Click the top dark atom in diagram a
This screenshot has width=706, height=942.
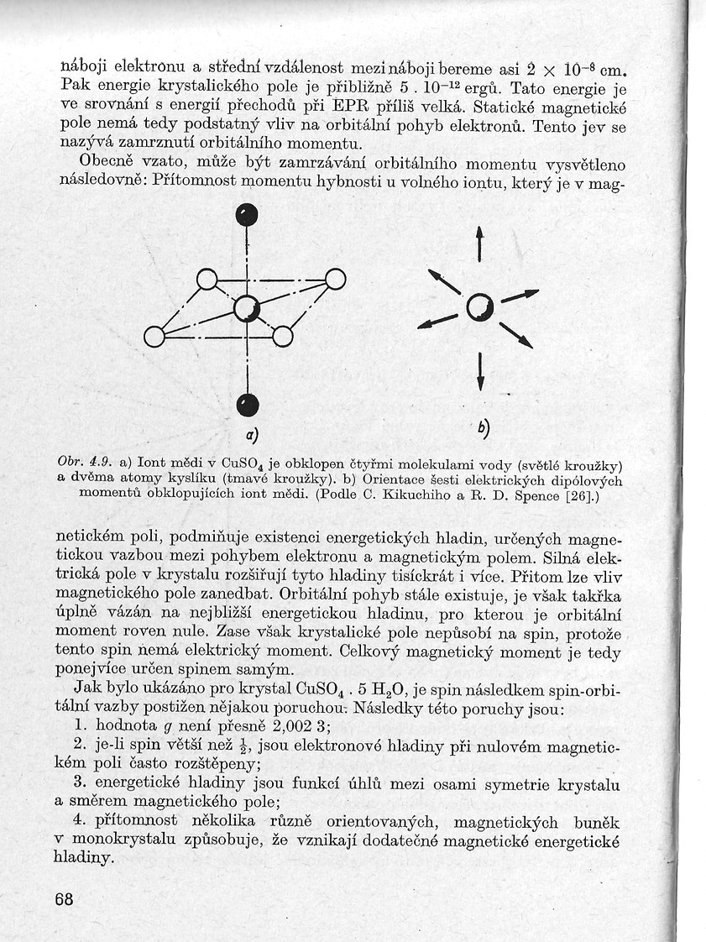pyautogui.click(x=245, y=215)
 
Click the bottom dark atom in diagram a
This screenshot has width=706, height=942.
pyautogui.click(x=246, y=405)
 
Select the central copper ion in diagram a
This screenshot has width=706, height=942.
pyautogui.click(x=247, y=309)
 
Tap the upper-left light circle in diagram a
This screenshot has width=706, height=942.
pyautogui.click(x=207, y=280)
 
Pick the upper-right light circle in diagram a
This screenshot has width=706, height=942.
pyautogui.click(x=335, y=279)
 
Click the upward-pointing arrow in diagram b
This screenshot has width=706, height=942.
pyautogui.click(x=479, y=243)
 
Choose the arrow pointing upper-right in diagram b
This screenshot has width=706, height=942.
pyautogui.click(x=520, y=295)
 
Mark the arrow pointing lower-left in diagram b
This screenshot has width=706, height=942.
pyautogui.click(x=437, y=320)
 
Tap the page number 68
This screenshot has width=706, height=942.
pyautogui.click(x=64, y=899)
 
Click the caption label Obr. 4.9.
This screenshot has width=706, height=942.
pyautogui.click(x=80, y=462)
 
